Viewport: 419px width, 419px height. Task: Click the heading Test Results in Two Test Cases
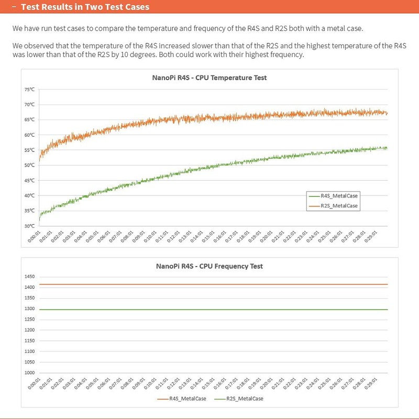85,7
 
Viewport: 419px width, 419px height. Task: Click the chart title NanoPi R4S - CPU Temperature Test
210,78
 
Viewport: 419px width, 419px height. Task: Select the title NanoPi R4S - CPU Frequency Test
210,266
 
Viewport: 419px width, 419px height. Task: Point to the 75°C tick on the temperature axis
29,89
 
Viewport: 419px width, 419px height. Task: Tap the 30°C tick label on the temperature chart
29,226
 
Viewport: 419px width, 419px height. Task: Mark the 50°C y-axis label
29,165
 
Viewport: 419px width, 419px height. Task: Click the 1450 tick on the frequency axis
29,277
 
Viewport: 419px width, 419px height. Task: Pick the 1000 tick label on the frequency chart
29,373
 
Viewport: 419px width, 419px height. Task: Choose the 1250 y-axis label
29,319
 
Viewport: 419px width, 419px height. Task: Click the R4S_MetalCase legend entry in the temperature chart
333,196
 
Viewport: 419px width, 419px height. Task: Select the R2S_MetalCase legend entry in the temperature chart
333,206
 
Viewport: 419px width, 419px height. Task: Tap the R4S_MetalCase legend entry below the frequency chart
182,399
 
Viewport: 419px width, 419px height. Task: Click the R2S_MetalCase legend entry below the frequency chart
239,399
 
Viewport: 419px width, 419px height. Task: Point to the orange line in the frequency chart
214,284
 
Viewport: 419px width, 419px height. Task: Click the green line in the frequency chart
214,310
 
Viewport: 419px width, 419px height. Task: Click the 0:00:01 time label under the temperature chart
34,237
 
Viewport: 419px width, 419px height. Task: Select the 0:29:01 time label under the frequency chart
371,383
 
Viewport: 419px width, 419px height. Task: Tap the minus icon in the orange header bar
14,7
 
